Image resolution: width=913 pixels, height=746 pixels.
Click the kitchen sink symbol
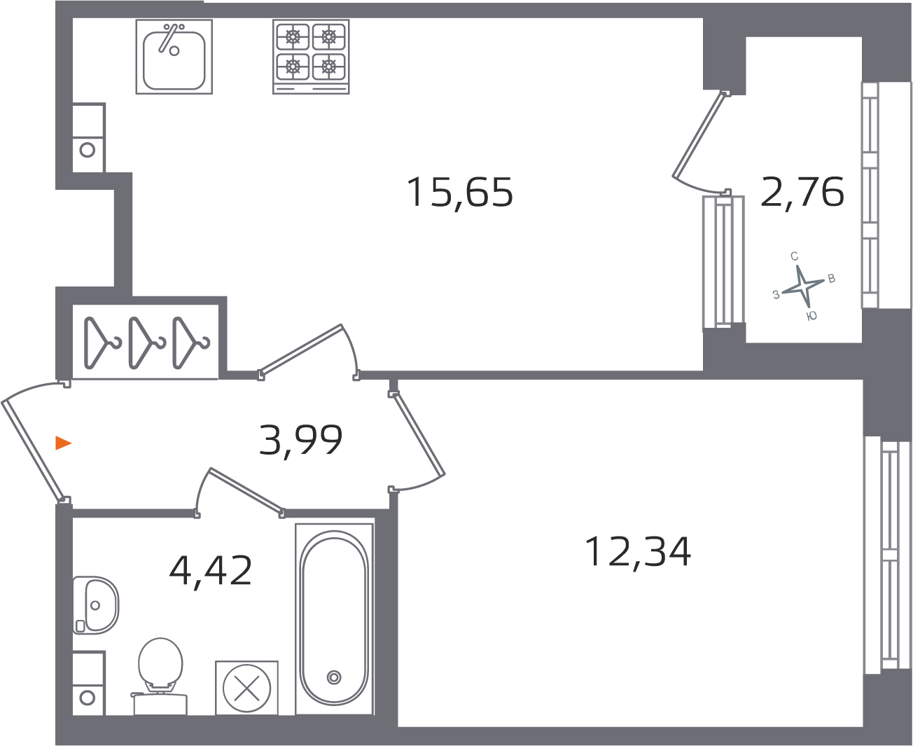tap(174, 56)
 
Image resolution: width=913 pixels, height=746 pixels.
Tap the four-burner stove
tap(311, 56)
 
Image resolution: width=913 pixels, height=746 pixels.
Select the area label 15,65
tap(460, 193)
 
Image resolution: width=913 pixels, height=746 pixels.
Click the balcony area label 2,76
tap(802, 191)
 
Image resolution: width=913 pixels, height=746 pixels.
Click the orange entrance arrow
tap(63, 443)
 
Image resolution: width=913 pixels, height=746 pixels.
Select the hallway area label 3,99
tap(301, 440)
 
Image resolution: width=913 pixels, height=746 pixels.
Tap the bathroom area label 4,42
tap(210, 570)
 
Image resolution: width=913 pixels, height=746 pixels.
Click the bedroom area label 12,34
tap(637, 552)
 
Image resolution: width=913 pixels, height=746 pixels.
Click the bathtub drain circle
tap(334, 677)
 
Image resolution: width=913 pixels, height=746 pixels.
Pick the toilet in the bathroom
tap(160, 676)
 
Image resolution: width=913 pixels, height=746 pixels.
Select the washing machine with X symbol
tap(246, 688)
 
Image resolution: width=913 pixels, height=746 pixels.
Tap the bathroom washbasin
tap(96, 605)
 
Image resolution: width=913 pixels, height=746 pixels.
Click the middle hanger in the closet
tap(146, 343)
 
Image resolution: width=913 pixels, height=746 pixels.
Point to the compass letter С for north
tap(794, 256)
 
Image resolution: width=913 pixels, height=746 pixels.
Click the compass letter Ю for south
tap(812, 316)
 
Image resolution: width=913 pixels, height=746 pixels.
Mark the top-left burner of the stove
tap(293, 37)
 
